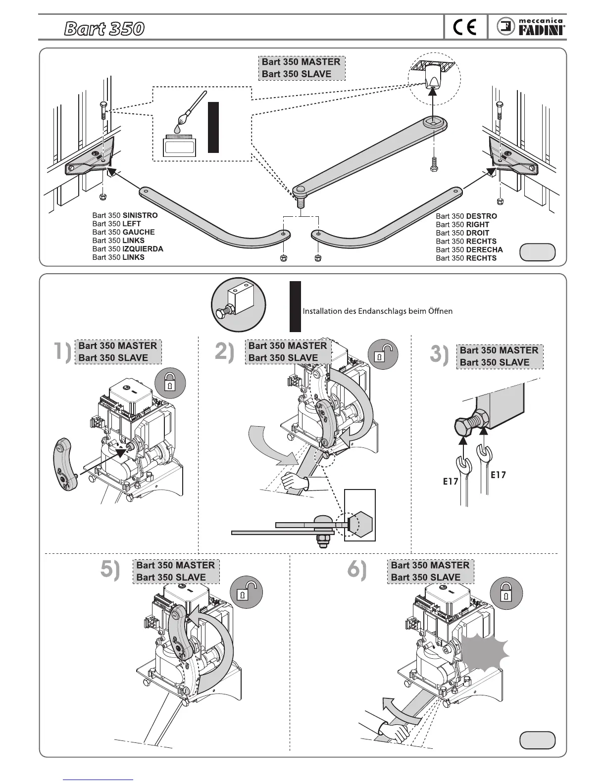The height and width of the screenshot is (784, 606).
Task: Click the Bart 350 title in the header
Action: (104, 29)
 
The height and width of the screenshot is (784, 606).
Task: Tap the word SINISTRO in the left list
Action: (140, 215)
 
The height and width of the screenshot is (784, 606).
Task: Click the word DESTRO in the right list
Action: (481, 216)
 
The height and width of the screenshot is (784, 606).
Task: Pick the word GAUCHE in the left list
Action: (139, 232)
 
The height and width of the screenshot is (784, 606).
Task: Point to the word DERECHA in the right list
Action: (484, 249)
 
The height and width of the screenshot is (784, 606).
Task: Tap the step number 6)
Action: (356, 570)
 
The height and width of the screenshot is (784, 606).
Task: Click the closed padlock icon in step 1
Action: (170, 384)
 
